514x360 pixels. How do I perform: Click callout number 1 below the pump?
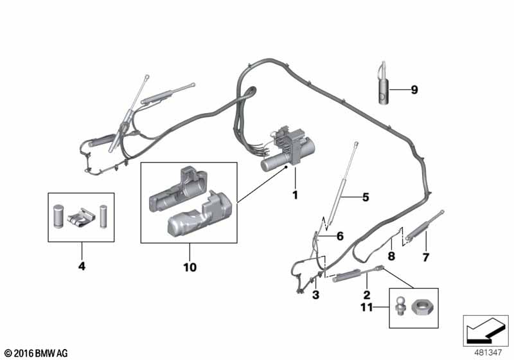tap(295, 195)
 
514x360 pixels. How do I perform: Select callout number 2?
tap(366, 294)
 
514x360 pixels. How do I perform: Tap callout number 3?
tap(315, 295)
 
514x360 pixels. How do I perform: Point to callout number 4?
tap(82, 266)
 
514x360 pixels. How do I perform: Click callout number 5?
tap(366, 197)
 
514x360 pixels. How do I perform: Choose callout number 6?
tap(340, 236)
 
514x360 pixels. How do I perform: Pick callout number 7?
tap(425, 257)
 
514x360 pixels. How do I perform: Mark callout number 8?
tap(391, 256)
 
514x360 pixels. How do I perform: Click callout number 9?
tap(414, 90)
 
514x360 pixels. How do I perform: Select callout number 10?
tap(190, 267)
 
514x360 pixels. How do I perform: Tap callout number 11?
tap(366, 307)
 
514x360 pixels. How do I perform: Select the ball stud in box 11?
tap(401, 305)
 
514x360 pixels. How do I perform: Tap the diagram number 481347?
tap(488, 353)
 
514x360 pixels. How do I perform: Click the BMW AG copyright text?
tap(36, 354)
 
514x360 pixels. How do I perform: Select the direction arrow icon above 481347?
tap(485, 330)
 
